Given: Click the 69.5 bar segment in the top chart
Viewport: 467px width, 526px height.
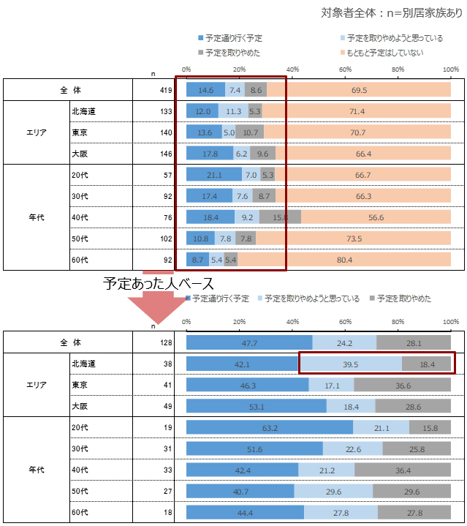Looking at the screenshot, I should coord(358,90).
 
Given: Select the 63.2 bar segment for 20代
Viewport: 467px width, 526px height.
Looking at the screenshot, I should coord(270,427).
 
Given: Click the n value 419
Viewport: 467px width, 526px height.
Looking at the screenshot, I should coord(165,90).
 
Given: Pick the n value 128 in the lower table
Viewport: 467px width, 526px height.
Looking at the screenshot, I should coord(165,342).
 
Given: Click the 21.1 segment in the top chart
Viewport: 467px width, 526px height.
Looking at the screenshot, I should coord(214,175).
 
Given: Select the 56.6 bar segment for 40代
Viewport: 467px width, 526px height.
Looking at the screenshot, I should coord(376,217).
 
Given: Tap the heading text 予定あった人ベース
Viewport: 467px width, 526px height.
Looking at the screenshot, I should coord(159,283).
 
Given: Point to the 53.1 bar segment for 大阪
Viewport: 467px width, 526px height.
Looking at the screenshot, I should coord(257,406).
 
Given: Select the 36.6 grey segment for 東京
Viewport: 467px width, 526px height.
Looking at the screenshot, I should coord(402,385).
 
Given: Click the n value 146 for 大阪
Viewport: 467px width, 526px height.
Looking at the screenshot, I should coord(165,154).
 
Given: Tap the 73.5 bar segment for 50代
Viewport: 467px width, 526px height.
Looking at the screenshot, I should coord(354,238).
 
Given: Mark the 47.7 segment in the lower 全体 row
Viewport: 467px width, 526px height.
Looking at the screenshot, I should coord(249,342).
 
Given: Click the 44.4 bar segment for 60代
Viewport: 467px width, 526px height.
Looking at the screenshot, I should coord(245,512).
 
